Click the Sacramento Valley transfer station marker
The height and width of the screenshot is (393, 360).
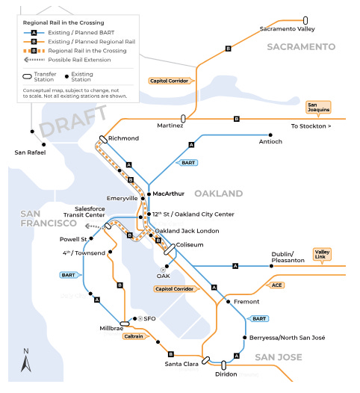click(305, 20)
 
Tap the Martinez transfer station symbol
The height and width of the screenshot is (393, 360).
click(183, 119)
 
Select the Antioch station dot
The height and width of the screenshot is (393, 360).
click(270, 135)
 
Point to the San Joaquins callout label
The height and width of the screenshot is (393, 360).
click(318, 108)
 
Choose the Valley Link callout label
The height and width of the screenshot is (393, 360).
click(322, 255)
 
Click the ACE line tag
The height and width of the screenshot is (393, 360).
click(276, 285)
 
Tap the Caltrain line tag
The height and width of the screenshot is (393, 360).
click(135, 336)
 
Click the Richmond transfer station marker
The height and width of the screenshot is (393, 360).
click(103, 140)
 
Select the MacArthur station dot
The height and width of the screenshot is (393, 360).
click(149, 194)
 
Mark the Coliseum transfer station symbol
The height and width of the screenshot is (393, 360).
click(170, 250)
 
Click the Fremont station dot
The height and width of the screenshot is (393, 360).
click(229, 302)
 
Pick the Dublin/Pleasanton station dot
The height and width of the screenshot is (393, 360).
click(271, 266)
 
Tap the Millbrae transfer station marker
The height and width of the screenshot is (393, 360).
click(125, 324)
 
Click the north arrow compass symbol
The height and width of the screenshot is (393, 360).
click(26, 360)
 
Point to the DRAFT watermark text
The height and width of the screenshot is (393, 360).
click(73, 120)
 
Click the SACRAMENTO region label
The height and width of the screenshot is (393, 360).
click(301, 47)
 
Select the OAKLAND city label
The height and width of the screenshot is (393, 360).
click(218, 194)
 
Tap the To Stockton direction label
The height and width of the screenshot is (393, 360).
click(311, 126)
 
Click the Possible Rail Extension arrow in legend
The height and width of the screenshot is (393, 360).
click(34, 60)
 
